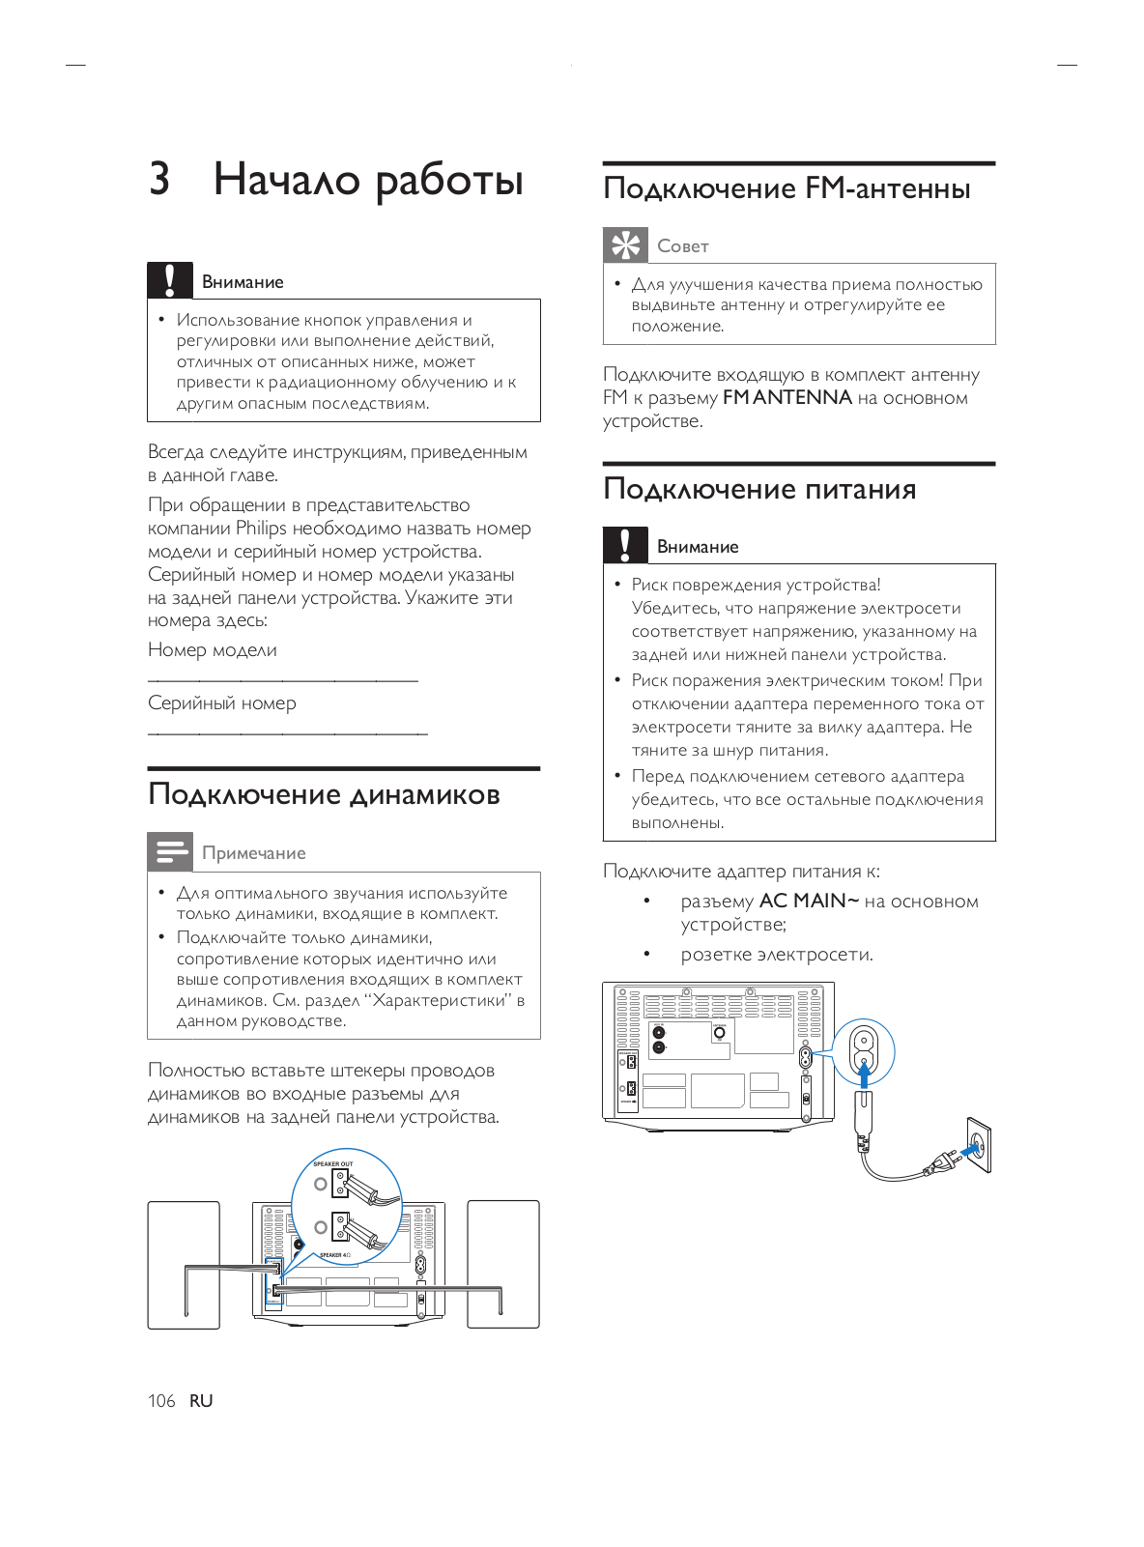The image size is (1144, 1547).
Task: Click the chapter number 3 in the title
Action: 159,179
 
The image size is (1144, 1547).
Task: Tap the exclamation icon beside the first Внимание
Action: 169,280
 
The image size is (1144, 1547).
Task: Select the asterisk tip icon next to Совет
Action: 625,244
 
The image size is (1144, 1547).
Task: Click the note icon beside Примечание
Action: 169,851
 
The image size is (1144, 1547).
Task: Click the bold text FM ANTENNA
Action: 787,397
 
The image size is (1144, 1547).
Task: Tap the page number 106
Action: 161,1400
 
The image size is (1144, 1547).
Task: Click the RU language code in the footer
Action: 201,1400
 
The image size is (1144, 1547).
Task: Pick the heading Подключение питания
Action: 759,489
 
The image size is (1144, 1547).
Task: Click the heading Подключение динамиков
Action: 324,794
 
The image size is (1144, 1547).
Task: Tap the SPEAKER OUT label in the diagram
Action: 332,1164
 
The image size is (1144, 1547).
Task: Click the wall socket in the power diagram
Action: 978,1145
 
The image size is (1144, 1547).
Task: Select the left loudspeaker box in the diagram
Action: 184,1265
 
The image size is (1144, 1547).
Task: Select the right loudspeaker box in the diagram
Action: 503,1264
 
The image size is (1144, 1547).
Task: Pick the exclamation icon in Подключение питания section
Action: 625,545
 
